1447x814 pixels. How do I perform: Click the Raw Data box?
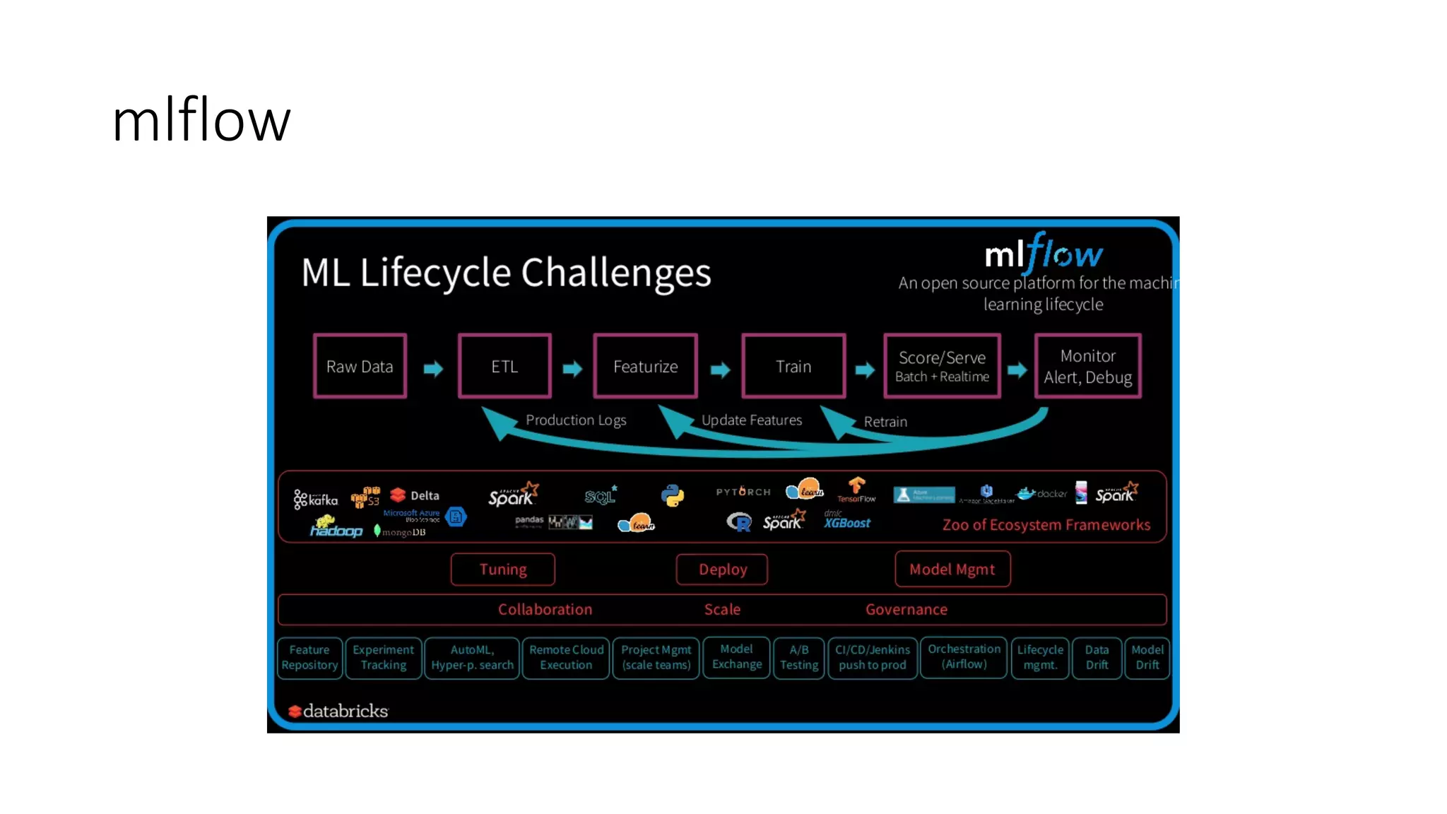pyautogui.click(x=360, y=366)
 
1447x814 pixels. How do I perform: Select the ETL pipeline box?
pyautogui.click(x=504, y=366)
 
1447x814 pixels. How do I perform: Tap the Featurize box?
pyautogui.click(x=645, y=366)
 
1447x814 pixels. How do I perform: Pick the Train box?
pyautogui.click(x=793, y=366)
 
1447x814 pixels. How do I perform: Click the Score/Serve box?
pyautogui.click(x=942, y=366)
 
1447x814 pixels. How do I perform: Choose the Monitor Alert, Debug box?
pyautogui.click(x=1087, y=366)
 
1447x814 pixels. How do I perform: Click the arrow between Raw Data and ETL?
pyautogui.click(x=433, y=368)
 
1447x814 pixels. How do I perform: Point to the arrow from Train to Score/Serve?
pyautogui.click(x=865, y=370)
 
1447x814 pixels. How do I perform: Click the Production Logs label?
pyautogui.click(x=576, y=420)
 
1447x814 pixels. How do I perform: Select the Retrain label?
pyautogui.click(x=885, y=422)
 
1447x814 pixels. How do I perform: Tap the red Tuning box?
pyautogui.click(x=503, y=570)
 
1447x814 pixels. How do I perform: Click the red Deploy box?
pyautogui.click(x=722, y=570)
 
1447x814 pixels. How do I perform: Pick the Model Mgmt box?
pyautogui.click(x=952, y=570)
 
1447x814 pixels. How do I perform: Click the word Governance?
pyautogui.click(x=906, y=609)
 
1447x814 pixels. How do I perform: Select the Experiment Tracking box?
pyautogui.click(x=384, y=658)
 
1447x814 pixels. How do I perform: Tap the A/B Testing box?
pyautogui.click(x=799, y=658)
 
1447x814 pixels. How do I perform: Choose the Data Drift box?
pyautogui.click(x=1097, y=658)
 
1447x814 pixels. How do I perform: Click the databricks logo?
pyautogui.click(x=338, y=711)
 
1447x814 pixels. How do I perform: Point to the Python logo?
pyautogui.click(x=673, y=495)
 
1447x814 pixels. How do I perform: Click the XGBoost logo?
pyautogui.click(x=847, y=521)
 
